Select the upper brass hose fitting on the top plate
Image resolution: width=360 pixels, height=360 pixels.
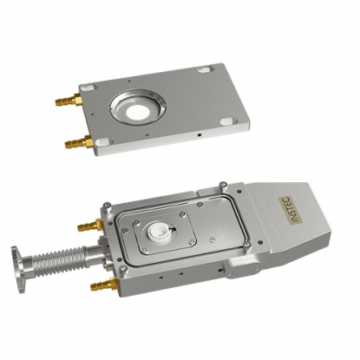(x=69, y=100)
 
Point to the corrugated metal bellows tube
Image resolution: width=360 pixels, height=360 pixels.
(x=59, y=258)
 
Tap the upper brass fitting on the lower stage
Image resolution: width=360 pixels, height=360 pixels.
(x=90, y=225)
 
